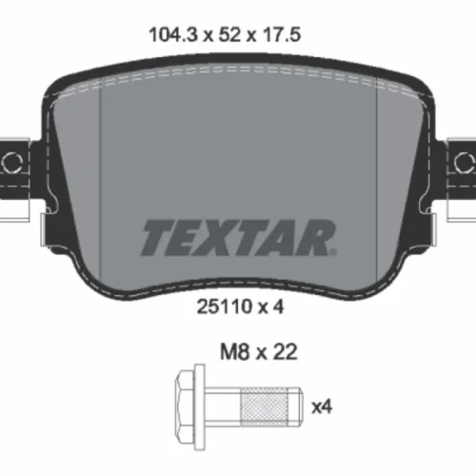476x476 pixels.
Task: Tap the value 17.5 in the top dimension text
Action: [x=281, y=34]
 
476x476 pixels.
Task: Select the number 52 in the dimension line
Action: [x=229, y=34]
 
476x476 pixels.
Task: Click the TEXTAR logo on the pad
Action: [x=239, y=238]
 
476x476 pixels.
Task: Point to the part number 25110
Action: [x=224, y=307]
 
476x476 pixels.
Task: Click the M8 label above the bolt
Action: [x=234, y=351]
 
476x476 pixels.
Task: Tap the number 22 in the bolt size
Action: [x=285, y=351]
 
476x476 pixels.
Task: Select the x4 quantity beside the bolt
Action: [x=322, y=407]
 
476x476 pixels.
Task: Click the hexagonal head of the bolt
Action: [x=186, y=407]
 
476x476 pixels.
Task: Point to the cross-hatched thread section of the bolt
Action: [x=265, y=407]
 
